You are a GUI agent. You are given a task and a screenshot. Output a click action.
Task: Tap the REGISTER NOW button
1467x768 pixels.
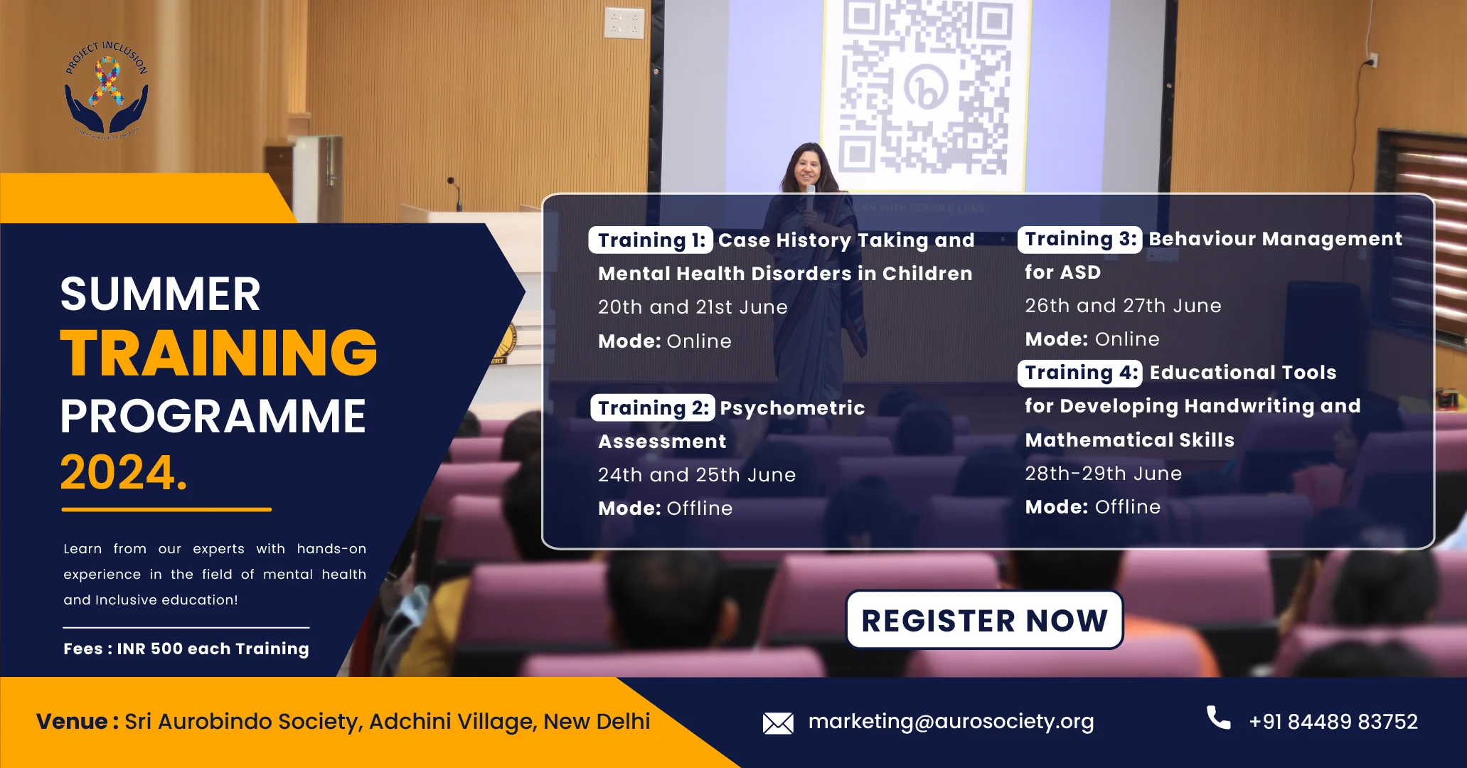click(984, 620)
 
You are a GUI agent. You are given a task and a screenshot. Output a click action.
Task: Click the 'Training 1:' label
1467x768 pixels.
click(651, 240)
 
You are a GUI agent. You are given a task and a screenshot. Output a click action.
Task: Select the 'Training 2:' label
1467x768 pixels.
click(652, 408)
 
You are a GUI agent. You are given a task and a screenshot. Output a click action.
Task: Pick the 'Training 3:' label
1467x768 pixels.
click(1079, 239)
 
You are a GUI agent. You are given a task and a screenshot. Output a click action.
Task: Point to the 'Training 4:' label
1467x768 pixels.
click(1080, 373)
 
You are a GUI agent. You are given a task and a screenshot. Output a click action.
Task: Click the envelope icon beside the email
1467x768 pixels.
click(778, 723)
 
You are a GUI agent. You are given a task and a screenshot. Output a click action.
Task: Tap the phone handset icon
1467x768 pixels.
click(1218, 718)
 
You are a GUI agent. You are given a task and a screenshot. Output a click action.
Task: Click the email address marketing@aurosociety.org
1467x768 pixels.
click(951, 722)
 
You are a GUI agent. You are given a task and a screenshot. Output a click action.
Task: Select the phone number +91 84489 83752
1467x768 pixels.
click(1333, 722)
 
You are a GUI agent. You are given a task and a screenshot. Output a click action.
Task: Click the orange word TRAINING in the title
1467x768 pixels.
click(218, 353)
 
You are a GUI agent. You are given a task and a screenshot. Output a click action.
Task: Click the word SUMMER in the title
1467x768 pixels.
click(160, 294)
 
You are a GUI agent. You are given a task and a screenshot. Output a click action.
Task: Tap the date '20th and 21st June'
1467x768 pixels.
click(693, 307)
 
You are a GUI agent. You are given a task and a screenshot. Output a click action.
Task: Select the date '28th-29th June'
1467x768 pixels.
click(1103, 474)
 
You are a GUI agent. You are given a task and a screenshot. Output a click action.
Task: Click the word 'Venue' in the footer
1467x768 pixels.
click(71, 722)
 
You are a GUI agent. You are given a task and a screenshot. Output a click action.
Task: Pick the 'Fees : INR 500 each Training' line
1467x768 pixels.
click(186, 649)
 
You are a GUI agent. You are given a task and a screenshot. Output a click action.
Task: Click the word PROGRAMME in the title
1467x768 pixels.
click(213, 416)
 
